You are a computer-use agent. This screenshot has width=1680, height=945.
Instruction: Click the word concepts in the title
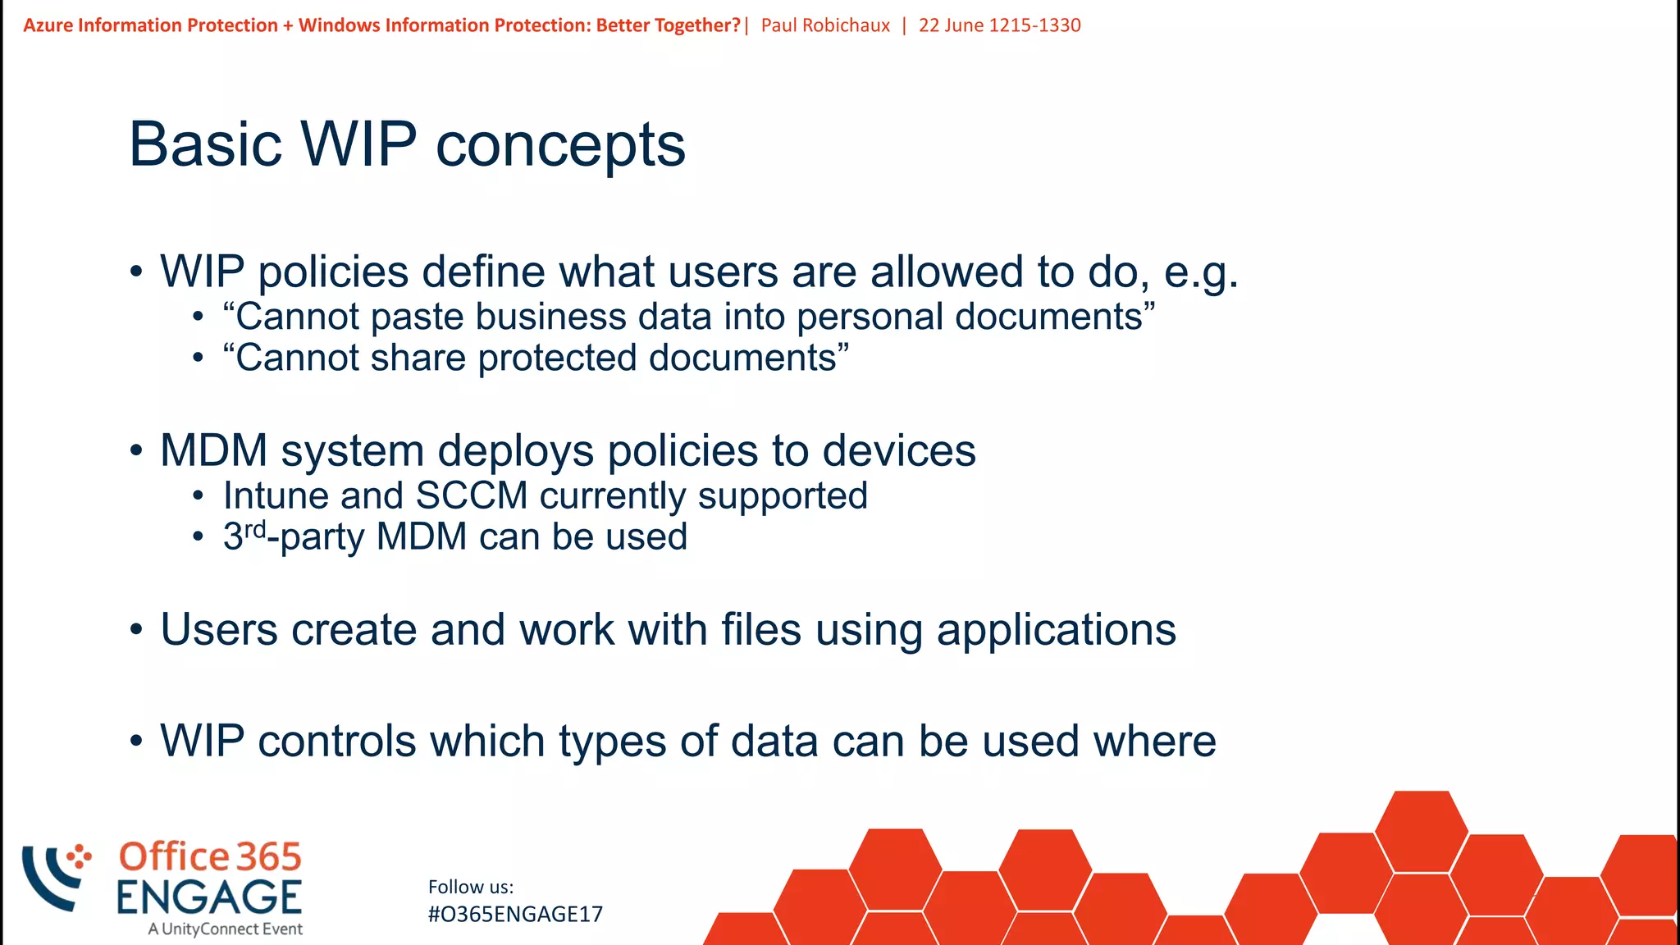tap(560, 146)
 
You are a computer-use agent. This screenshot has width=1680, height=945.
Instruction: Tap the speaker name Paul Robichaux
tap(825, 25)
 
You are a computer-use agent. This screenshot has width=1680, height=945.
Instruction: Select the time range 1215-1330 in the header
tap(1034, 25)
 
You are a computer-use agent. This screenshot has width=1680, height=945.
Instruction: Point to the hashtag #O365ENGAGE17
tap(515, 915)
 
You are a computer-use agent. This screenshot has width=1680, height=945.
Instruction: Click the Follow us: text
tap(471, 887)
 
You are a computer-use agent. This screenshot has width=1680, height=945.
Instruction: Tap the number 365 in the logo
tap(268, 857)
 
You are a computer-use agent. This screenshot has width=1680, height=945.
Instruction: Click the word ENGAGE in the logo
tap(209, 897)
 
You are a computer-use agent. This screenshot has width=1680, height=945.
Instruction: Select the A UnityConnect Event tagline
tap(226, 929)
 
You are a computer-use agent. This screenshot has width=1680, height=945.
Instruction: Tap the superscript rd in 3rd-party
tap(255, 529)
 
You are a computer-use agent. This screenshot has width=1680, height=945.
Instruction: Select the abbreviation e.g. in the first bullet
tap(1201, 272)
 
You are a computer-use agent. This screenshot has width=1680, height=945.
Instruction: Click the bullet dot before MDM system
tap(137, 450)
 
